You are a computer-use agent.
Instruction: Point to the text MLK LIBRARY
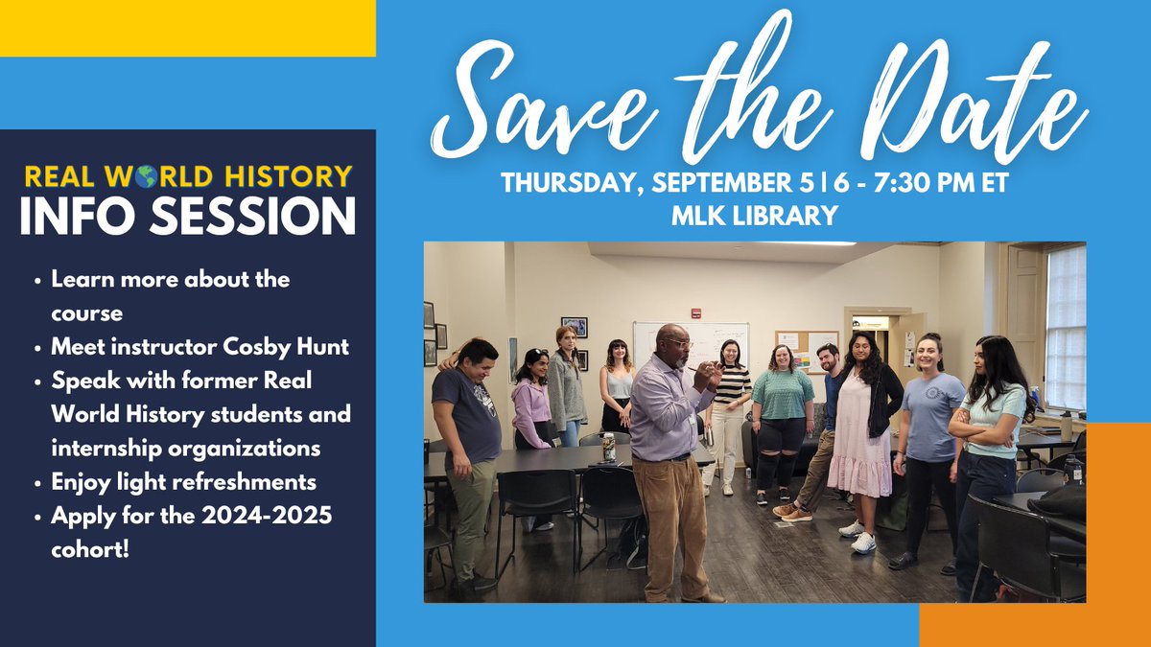coord(754,216)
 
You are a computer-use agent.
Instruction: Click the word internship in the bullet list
coord(105,448)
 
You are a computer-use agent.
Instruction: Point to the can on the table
coord(608,447)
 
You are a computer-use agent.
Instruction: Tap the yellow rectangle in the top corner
coord(187,28)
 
